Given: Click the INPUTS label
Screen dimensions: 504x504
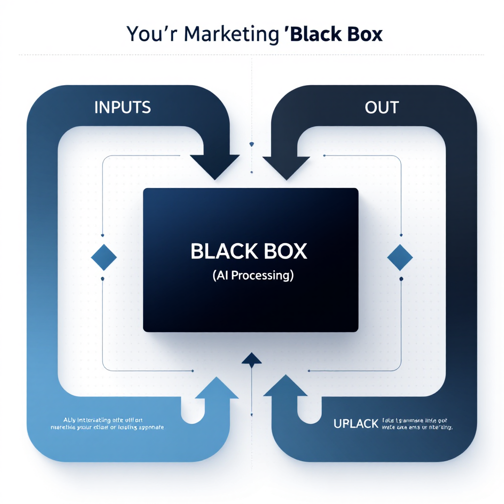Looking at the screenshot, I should tap(123, 107).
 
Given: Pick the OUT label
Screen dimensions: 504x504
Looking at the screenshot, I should tap(382, 107).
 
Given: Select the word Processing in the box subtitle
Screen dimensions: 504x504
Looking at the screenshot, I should tap(263, 276).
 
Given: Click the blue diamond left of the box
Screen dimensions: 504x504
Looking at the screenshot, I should tap(104, 257).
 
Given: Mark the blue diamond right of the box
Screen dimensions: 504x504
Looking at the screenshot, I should tap(400, 257).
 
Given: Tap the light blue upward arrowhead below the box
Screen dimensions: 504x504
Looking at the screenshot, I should tap(217, 387).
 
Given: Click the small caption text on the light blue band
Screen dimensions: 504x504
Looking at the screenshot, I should tap(107, 423).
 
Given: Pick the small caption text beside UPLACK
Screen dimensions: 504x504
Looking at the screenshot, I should tap(416, 423).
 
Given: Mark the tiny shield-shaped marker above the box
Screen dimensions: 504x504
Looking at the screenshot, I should tap(252, 144).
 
